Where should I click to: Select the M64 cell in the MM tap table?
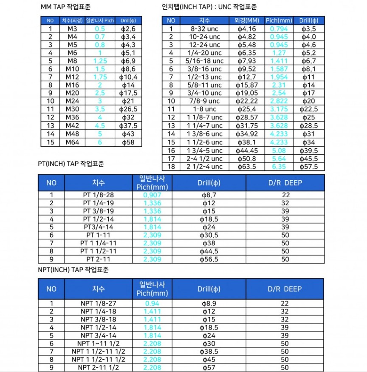coord(72,142)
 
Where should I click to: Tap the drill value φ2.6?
coord(128,28)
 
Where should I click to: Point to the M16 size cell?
coord(72,85)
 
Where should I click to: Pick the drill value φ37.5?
coord(128,126)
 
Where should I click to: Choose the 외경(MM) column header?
coord(247,20)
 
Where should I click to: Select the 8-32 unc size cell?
coord(204,28)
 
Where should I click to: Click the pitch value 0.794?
coord(279,28)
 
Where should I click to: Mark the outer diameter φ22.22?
coord(247,101)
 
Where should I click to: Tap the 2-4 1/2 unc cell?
coord(204,159)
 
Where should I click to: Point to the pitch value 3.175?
coord(279,110)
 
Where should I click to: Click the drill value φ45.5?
coord(309,159)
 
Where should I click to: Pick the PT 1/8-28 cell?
coord(98,195)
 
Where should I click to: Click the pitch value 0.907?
coord(152,195)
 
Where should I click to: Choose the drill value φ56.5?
coord(209,259)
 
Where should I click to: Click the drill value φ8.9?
coord(209,303)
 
